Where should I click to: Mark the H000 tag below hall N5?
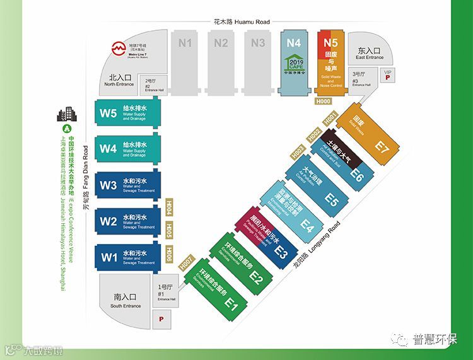[x=324, y=101]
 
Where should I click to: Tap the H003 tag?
[x=299, y=150]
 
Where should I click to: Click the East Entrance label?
[x=370, y=53]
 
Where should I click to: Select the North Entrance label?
[x=119, y=81]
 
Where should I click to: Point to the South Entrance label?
[x=126, y=300]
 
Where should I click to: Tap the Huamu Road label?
[x=239, y=21]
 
